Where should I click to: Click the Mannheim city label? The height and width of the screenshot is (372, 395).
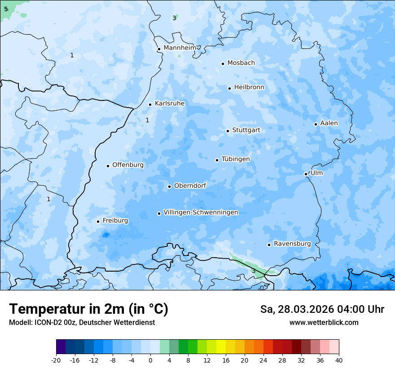(x=180, y=48)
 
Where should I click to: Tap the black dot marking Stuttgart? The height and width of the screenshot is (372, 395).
(x=228, y=131)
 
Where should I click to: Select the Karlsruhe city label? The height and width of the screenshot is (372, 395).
(x=169, y=104)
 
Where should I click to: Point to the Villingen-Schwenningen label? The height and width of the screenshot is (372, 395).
(x=201, y=212)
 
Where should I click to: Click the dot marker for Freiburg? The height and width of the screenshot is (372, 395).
(x=98, y=221)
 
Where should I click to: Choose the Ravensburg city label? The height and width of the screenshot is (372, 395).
(x=292, y=244)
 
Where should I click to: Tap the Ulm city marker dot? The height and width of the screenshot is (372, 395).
(x=306, y=174)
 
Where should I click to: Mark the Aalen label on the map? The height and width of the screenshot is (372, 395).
(x=329, y=123)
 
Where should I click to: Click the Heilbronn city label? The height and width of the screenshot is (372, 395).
(x=249, y=87)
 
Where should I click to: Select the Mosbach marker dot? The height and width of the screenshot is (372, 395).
(x=223, y=64)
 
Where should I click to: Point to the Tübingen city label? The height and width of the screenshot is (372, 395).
(x=235, y=159)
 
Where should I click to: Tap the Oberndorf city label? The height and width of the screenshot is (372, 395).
(x=190, y=186)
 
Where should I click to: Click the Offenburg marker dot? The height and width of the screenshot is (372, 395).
(x=108, y=166)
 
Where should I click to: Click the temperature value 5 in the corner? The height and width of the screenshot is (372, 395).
(x=6, y=9)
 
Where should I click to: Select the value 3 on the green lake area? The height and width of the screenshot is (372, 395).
(x=253, y=271)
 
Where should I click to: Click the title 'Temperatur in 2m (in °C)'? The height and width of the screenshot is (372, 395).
(x=88, y=309)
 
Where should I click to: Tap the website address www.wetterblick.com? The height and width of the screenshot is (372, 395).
(x=324, y=322)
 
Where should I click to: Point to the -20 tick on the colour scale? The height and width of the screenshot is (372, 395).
(x=56, y=360)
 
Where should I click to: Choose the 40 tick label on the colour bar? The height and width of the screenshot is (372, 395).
(x=338, y=360)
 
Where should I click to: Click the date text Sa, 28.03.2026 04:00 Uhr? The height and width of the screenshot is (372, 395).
(x=322, y=309)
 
